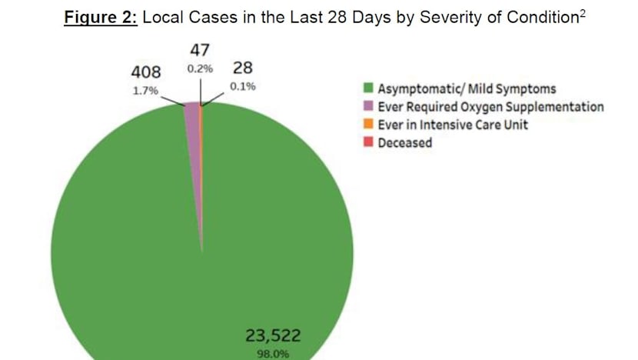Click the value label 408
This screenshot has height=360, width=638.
(x=146, y=72)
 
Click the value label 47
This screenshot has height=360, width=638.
(x=200, y=51)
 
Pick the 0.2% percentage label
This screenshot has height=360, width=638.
(x=199, y=68)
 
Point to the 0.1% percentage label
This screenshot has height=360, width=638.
(x=243, y=87)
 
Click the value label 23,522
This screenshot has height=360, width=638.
(x=273, y=335)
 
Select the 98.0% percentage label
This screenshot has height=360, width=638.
(x=273, y=355)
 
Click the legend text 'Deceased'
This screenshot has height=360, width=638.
(x=405, y=143)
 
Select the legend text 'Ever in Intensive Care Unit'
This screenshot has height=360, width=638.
(x=453, y=125)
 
